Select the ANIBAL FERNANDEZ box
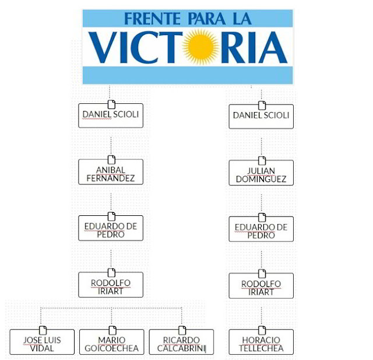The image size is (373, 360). pyautogui.click(x=111, y=173)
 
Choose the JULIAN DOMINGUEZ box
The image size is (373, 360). pyautogui.click(x=261, y=174)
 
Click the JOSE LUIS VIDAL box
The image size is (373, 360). pyautogui.click(x=42, y=344)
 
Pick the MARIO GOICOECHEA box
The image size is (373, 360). pyautogui.click(x=111, y=344)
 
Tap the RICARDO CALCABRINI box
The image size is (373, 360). pyautogui.click(x=181, y=344)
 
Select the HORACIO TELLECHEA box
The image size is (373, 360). pyautogui.click(x=261, y=344)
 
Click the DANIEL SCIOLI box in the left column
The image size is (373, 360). pyautogui.click(x=111, y=116)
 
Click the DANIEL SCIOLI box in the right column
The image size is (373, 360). pyautogui.click(x=261, y=116)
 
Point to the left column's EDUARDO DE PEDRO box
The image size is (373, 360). pyautogui.click(x=111, y=230)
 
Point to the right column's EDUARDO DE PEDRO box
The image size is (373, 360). pyautogui.click(x=261, y=230)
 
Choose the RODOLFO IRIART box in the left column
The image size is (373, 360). pyautogui.click(x=111, y=286)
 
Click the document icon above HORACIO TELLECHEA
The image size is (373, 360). pyautogui.click(x=262, y=330)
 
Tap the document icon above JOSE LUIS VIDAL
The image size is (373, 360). pyautogui.click(x=42, y=330)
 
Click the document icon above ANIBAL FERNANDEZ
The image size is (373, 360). pyautogui.click(x=111, y=160)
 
